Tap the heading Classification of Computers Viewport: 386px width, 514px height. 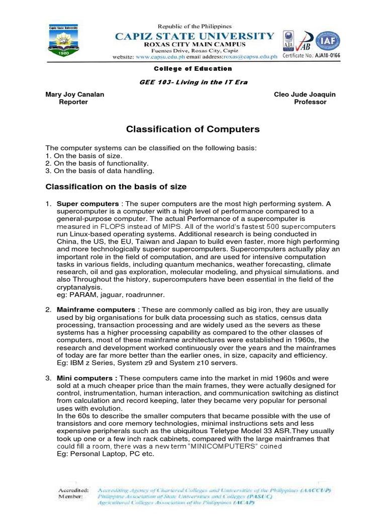[x=192, y=130]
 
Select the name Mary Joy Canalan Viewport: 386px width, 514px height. [x=75, y=94]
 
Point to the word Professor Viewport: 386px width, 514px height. [x=310, y=102]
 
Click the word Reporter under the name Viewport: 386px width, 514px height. [x=73, y=102]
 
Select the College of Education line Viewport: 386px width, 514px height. [x=192, y=69]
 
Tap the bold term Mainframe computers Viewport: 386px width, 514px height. [x=96, y=310]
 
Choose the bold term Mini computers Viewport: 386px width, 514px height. [x=87, y=378]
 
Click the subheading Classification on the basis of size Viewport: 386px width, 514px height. [x=116, y=187]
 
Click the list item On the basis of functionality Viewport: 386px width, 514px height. [x=97, y=163]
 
